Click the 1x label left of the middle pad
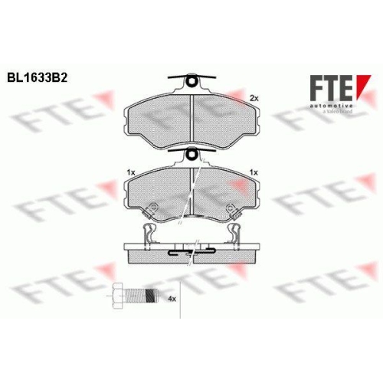(130, 174)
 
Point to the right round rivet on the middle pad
(230, 208)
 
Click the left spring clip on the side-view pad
(152, 234)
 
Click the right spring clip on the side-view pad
(231, 234)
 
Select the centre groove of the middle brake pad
(191, 191)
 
